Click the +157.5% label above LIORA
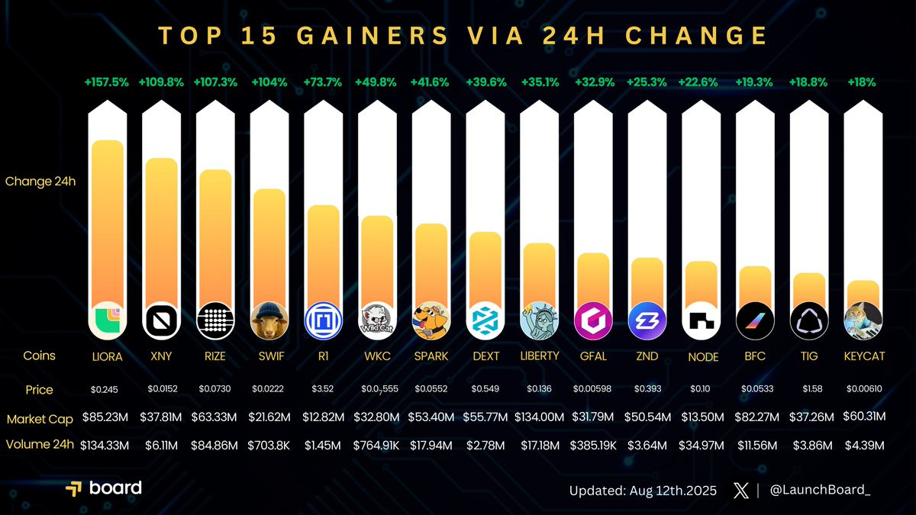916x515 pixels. click(107, 82)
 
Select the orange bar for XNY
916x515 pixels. click(161, 229)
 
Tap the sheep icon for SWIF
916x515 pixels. click(269, 320)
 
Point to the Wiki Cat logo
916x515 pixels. click(376, 320)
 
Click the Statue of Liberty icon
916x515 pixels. click(538, 320)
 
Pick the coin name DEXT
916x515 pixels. click(484, 356)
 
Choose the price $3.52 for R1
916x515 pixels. click(322, 389)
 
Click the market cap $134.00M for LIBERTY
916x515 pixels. click(538, 418)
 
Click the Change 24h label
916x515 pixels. click(40, 182)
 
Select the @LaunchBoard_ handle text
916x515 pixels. click(821, 491)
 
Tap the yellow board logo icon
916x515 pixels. click(74, 489)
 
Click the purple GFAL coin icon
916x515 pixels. click(592, 320)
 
